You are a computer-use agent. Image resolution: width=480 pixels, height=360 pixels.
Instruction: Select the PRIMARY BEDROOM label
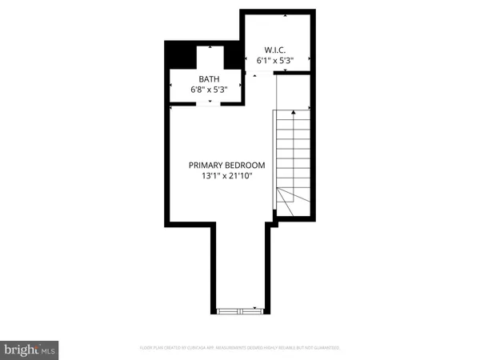[226, 165]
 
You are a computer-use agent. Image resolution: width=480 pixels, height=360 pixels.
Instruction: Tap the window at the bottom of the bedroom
[240, 309]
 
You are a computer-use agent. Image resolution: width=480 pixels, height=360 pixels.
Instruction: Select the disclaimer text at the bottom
[240, 348]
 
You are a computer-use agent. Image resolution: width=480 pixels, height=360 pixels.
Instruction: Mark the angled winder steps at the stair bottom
[287, 198]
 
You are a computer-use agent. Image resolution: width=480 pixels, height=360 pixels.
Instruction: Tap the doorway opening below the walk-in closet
[261, 73]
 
